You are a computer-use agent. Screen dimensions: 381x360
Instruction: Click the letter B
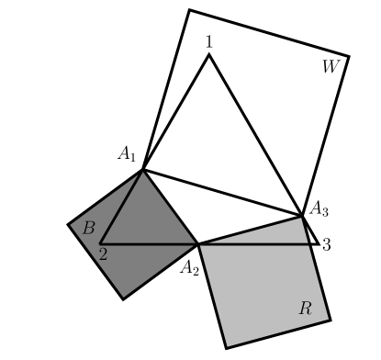(88, 228)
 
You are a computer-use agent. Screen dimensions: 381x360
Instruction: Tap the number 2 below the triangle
(103, 254)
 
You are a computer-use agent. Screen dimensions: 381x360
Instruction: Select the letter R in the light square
(305, 309)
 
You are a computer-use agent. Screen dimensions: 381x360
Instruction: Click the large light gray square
(262, 289)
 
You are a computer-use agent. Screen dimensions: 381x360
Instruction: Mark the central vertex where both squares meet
(197, 243)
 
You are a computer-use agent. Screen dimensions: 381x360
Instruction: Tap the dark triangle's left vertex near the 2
(100, 243)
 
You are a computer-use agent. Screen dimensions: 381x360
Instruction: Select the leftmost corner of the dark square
(70, 224)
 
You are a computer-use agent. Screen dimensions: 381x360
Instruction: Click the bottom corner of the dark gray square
(124, 298)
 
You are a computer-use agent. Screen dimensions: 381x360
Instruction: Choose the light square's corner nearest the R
(328, 319)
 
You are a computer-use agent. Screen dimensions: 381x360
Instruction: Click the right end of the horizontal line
(309, 243)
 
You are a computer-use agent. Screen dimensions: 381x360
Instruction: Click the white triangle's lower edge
(250, 230)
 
